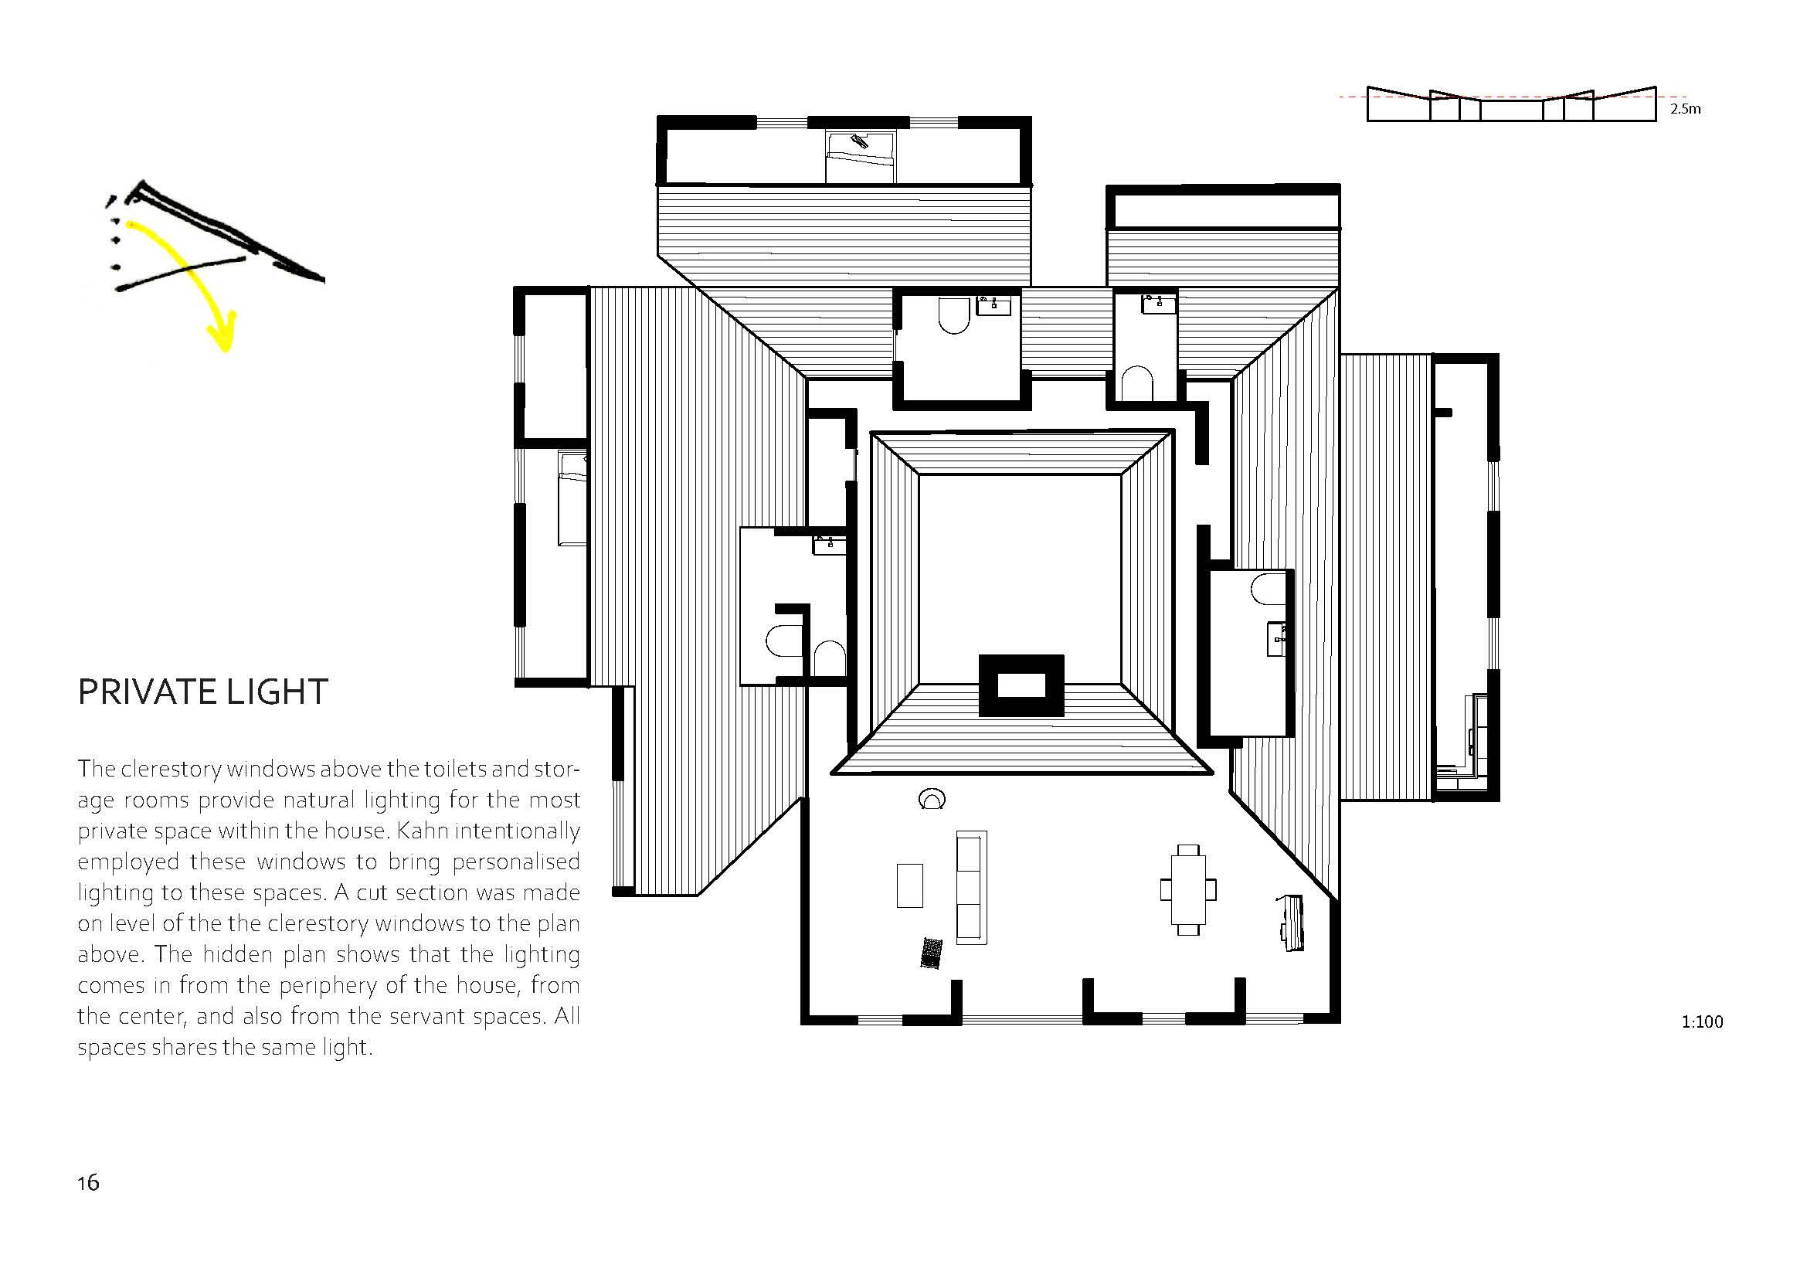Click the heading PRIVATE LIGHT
click(202, 692)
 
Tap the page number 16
click(88, 1183)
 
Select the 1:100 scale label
click(1703, 1021)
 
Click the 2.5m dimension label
click(1685, 109)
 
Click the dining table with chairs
click(1188, 889)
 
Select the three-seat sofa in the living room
click(971, 887)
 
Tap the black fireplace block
click(1021, 685)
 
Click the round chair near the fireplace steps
click(932, 799)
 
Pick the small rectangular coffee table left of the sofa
click(910, 885)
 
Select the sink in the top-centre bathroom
click(994, 305)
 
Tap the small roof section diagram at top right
click(1512, 104)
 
